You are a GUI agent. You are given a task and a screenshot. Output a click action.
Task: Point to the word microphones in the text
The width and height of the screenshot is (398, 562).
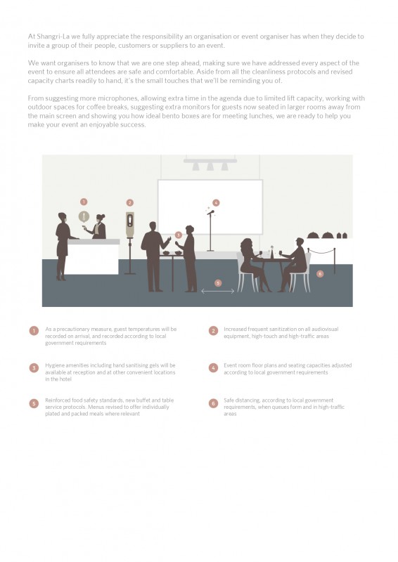point(117,98)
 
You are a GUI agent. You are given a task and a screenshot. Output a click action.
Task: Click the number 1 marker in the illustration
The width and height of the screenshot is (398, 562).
point(84,202)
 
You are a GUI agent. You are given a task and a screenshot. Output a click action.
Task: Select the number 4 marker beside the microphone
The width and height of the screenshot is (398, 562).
point(216,202)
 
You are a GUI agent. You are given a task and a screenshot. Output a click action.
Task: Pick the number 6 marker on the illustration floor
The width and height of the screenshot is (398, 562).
point(320,274)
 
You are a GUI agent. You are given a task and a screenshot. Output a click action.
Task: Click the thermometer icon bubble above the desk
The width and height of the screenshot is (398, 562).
point(84,217)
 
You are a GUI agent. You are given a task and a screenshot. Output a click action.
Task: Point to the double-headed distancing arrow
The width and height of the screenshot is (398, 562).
point(217,292)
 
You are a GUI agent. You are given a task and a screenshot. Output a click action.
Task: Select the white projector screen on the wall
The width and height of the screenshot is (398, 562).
point(210,207)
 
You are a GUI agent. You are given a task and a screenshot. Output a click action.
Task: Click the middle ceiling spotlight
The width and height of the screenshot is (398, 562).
point(210,166)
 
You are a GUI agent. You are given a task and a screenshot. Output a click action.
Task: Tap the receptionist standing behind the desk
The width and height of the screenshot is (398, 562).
point(98,227)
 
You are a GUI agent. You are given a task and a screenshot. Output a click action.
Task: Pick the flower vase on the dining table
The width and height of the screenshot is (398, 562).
point(271,252)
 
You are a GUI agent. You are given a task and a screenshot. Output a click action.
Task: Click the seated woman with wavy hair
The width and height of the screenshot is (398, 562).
point(252,264)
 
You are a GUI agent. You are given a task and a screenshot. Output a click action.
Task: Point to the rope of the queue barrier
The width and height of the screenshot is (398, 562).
point(321,252)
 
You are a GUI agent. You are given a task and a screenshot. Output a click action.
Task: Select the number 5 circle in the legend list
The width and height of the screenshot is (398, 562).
point(34,403)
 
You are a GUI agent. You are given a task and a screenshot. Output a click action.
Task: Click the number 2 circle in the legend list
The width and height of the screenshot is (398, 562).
point(213,331)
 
